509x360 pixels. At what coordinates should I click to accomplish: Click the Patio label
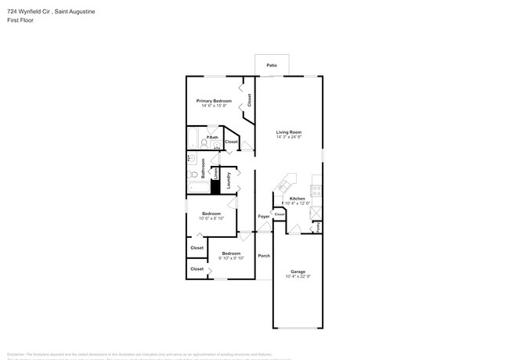(272, 65)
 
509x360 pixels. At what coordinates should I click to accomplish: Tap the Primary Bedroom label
(214, 101)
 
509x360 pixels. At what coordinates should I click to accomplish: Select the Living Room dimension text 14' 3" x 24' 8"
(289, 137)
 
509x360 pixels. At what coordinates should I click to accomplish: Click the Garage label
(298, 272)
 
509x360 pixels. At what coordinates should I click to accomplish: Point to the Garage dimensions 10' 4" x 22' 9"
(298, 276)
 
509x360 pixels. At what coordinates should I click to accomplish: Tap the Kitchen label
(298, 199)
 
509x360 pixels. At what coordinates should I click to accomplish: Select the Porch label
(264, 256)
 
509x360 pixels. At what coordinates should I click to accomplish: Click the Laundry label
(229, 181)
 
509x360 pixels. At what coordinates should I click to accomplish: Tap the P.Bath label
(212, 138)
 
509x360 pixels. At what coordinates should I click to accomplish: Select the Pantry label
(319, 228)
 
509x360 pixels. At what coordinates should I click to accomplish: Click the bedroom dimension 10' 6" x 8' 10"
(211, 218)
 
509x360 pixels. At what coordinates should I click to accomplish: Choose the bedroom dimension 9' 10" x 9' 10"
(231, 257)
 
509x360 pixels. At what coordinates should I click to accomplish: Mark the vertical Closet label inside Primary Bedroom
(250, 100)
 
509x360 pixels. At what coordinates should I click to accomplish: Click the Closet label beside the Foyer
(279, 213)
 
